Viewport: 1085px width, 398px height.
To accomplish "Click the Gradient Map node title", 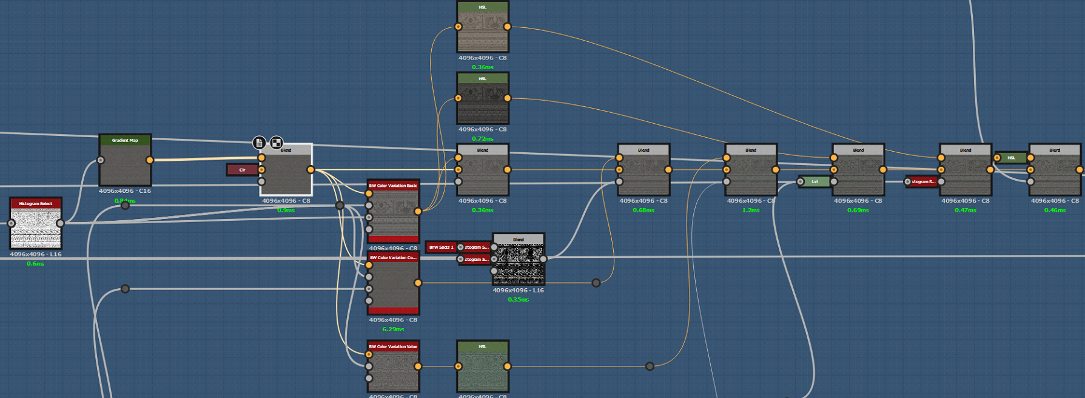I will coord(125,140).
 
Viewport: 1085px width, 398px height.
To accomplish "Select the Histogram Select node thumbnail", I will coord(36,228).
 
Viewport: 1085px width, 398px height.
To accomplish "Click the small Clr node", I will coord(242,170).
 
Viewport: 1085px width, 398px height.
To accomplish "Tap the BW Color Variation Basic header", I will coord(393,186).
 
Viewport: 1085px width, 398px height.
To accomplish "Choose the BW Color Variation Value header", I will coord(393,346).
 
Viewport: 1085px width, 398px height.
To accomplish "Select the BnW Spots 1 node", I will coord(441,248).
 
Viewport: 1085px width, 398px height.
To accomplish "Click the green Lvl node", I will coord(815,181).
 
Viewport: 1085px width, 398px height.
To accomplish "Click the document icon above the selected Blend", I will coord(260,143).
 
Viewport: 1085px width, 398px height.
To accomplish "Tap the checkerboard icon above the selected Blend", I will coord(277,143).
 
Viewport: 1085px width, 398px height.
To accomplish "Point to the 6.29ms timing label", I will coord(393,329).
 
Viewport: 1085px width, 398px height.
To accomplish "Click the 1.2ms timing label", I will coord(751,211).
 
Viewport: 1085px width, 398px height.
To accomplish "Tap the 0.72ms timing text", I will coord(483,139).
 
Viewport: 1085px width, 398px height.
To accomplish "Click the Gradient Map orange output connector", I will coord(150,160).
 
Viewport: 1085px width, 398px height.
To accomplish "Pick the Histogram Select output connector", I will coord(60,223).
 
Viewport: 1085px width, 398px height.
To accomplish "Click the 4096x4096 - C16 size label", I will coord(125,191).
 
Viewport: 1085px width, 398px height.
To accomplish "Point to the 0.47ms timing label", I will coord(966,211).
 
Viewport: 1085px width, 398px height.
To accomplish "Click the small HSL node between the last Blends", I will coord(1011,158).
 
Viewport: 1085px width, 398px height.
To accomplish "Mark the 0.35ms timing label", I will coord(519,300).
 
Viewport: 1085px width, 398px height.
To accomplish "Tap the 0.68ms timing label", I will coord(643,211).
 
